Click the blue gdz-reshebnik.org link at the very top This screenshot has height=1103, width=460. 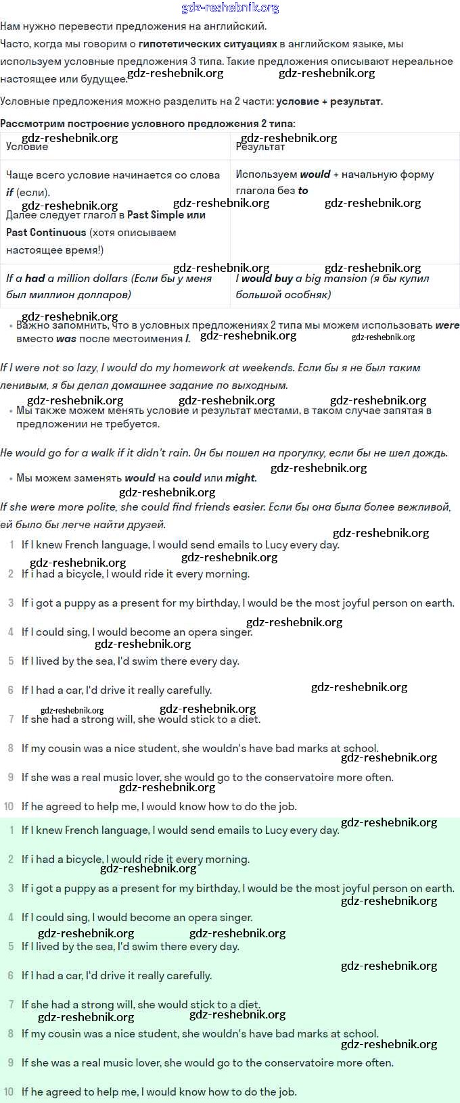pyautogui.click(x=230, y=8)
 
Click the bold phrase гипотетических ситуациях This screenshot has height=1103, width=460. pyautogui.click(x=208, y=44)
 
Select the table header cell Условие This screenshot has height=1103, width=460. pyautogui.click(x=27, y=147)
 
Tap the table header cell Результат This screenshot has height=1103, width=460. pyautogui.click(x=260, y=147)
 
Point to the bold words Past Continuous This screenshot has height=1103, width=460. pyautogui.click(x=46, y=232)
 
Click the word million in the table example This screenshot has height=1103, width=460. pyautogui.click(x=70, y=278)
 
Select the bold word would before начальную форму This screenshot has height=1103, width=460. pyautogui.click(x=315, y=174)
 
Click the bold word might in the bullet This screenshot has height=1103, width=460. pyautogui.click(x=240, y=478)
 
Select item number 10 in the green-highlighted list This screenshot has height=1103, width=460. pyautogui.click(x=8, y=1092)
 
